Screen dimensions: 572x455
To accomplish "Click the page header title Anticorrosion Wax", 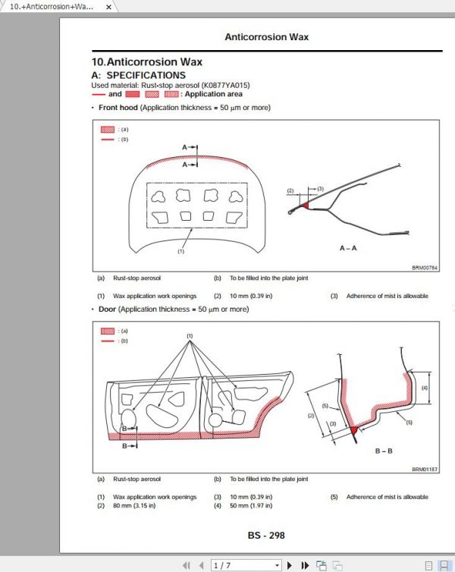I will coord(266,36).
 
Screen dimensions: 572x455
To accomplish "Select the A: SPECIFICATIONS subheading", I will coord(138,75).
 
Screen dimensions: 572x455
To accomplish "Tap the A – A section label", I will coord(350,247).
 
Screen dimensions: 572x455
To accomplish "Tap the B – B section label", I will coord(383,451).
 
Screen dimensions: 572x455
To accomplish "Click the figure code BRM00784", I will coord(425,267).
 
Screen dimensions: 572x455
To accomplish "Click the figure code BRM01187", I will coord(425,470).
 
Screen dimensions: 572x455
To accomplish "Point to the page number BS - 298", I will coord(266,535).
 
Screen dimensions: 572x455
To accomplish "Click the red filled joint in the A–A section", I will coord(305,204).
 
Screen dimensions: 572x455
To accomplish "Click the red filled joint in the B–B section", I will coord(353,431).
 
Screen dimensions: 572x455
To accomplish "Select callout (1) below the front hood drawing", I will coord(181,250).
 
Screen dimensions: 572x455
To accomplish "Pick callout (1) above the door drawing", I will coord(190,335).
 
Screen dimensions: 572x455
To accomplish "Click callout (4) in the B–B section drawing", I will coord(425,388).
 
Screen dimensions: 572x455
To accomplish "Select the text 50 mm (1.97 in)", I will coord(249,505).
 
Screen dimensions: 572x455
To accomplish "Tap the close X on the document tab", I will coord(108,7).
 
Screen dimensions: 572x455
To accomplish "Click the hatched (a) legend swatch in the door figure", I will coord(107,332).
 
